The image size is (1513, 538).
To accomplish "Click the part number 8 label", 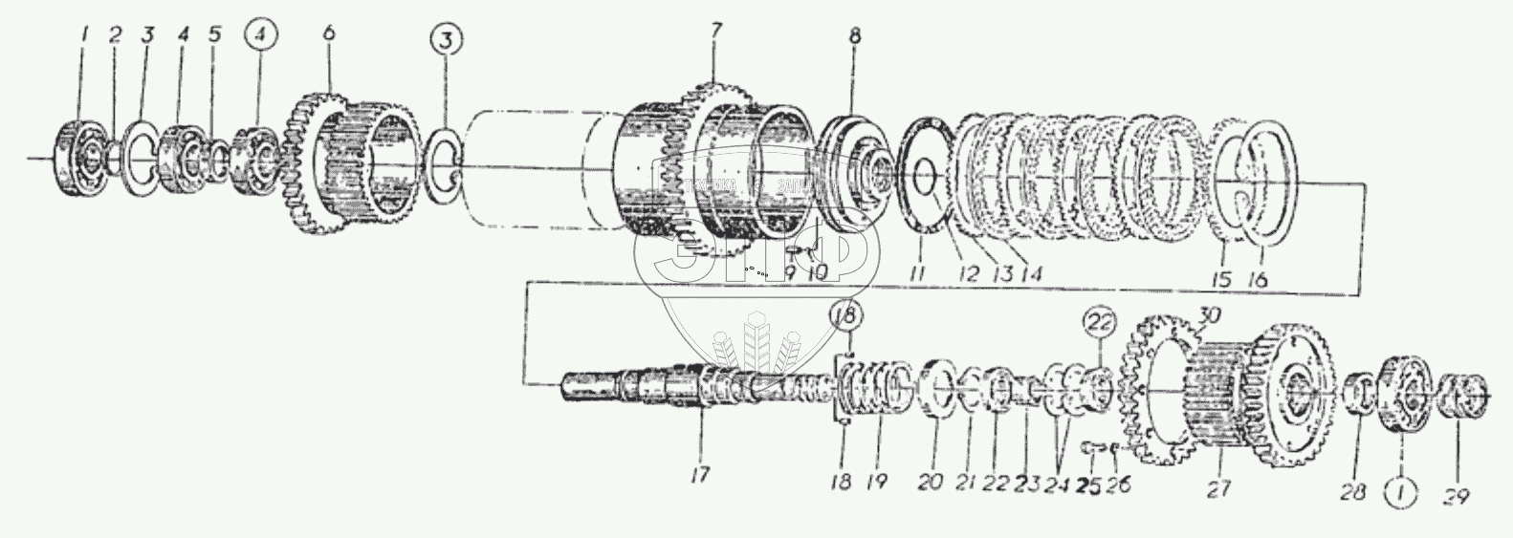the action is click(x=854, y=37).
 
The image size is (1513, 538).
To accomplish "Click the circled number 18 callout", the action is click(x=847, y=315).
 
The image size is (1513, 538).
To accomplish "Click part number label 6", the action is click(x=329, y=33).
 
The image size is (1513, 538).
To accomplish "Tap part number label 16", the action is click(x=1260, y=281).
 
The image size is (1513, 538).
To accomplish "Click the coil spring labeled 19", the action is click(x=876, y=389).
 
